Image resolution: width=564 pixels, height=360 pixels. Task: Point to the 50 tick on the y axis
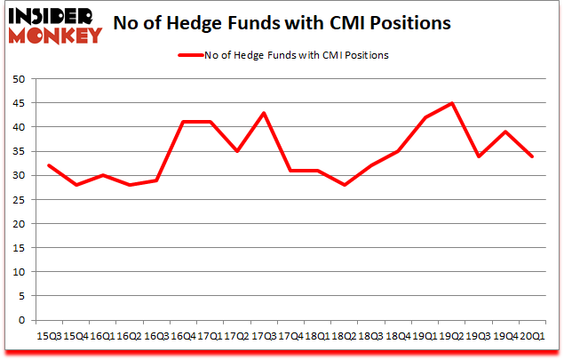(x=17, y=79)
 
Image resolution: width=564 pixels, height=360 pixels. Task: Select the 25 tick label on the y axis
(x=17, y=200)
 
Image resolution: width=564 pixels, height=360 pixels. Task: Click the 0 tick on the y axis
(x=20, y=320)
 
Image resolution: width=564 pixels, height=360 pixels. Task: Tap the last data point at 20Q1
(x=533, y=156)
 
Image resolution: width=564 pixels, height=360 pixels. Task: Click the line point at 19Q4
(x=506, y=132)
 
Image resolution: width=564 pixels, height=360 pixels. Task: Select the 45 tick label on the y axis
(x=17, y=103)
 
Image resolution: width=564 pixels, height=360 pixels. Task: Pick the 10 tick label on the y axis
(x=17, y=272)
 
